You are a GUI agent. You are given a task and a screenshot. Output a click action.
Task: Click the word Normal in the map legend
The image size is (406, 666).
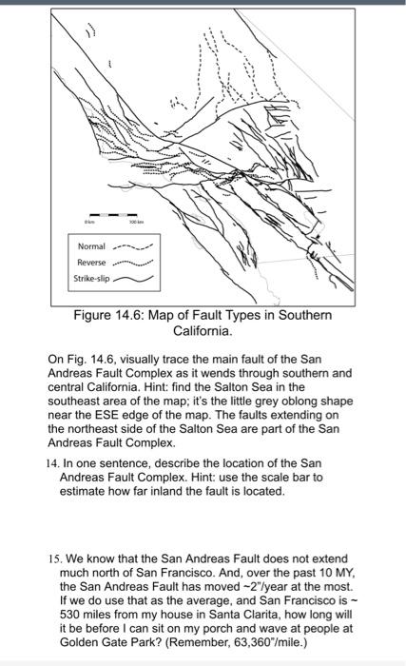point(91,245)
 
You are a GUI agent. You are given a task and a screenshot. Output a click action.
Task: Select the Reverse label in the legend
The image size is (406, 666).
point(91,262)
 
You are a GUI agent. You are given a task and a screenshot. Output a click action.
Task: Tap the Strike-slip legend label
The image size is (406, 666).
point(92,279)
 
